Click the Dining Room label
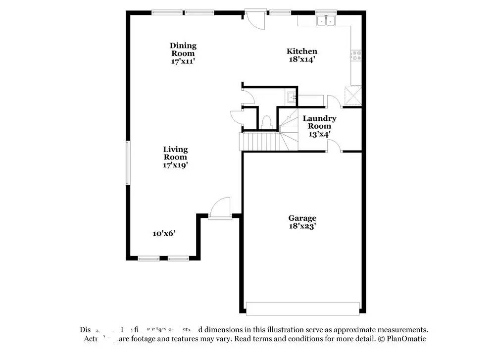click(183, 50)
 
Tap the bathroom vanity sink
click(291, 97)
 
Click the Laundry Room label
click(319, 122)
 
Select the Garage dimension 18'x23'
click(302, 226)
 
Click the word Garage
click(302, 218)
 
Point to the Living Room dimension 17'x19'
click(176, 165)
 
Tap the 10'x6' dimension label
click(164, 233)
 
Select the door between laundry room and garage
click(335, 147)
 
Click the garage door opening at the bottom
click(303, 309)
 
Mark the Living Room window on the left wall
click(127, 163)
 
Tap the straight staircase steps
click(258, 142)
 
